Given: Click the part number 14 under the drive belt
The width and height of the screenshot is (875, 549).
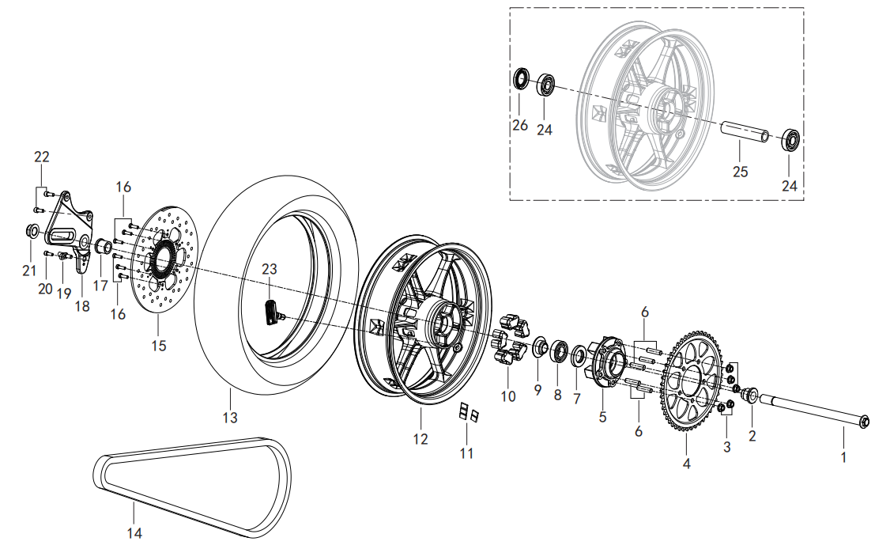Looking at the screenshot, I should click(135, 532).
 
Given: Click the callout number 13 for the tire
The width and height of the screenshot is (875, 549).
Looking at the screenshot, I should click(229, 416).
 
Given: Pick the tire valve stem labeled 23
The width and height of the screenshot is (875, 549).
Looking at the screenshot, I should click(273, 310).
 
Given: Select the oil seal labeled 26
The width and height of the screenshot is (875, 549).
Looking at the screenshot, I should click(520, 79).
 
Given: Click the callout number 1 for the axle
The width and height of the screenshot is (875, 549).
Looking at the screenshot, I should click(843, 456).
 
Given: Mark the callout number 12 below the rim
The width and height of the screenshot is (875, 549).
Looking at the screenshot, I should click(421, 438).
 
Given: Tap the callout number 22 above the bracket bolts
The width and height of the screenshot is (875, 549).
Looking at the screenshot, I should click(42, 157).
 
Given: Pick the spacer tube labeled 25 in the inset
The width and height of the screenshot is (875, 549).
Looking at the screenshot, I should click(744, 133).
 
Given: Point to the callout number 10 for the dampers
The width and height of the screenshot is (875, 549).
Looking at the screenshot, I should click(508, 396).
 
